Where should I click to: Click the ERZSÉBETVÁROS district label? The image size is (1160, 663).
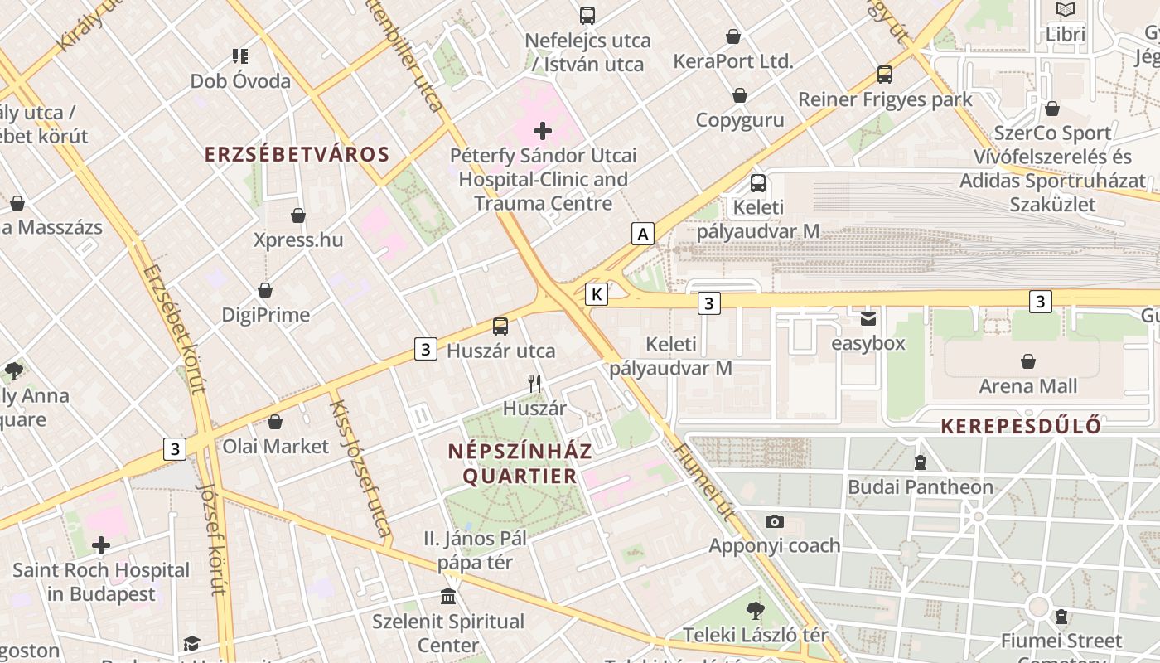297,155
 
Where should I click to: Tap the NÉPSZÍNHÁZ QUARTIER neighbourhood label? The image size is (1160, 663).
520,463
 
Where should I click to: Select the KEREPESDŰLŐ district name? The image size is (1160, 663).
1021,426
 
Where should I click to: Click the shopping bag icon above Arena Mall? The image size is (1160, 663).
1028,361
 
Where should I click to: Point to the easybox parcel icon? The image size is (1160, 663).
868,318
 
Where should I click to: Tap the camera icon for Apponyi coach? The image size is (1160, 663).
775,521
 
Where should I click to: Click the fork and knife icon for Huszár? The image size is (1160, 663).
535,383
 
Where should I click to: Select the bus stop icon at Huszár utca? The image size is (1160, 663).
500,327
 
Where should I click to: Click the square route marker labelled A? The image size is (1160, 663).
642,235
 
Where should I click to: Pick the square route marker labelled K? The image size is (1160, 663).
597,293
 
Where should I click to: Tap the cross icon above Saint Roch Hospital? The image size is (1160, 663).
101,545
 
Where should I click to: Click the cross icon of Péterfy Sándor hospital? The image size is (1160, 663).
543,131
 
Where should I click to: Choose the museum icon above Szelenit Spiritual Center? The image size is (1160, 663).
448,597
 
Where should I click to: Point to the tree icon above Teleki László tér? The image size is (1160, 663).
755,612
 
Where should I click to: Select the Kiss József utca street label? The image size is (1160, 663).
361,468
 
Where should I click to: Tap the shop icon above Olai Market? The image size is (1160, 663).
275,422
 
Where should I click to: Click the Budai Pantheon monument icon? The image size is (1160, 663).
920,462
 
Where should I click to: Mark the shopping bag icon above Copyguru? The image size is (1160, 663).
740,95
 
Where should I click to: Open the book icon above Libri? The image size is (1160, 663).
1066,10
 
